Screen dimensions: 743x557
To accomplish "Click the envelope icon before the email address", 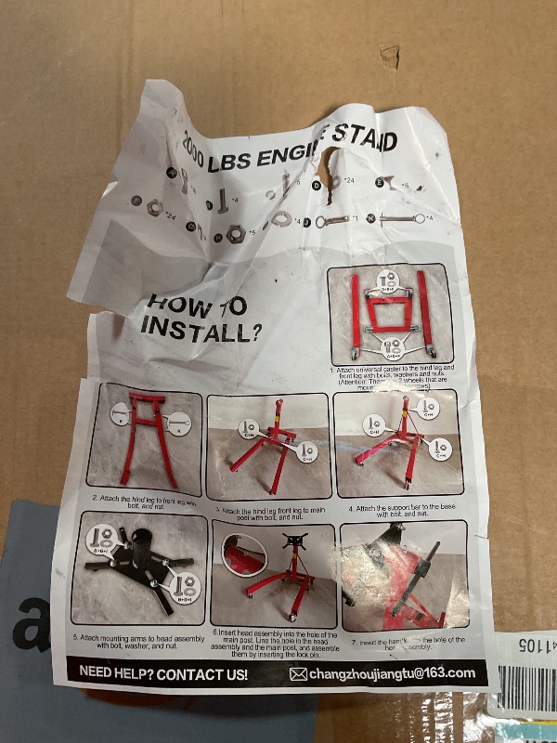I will pos(298,674).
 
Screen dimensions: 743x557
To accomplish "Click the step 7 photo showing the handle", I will pos(405,573).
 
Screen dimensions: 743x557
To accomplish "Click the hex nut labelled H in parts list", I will pos(236,232).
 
